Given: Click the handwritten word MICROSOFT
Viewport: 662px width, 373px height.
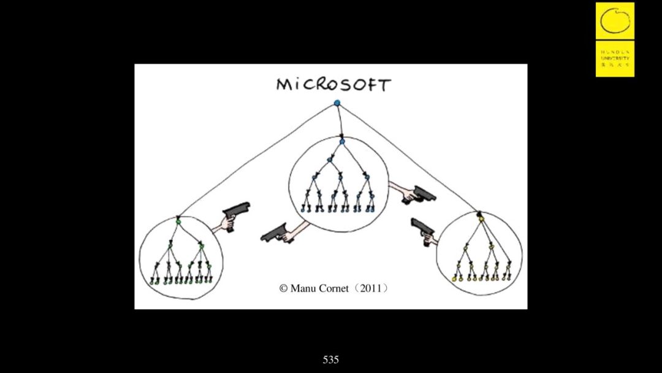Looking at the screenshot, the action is point(333,85).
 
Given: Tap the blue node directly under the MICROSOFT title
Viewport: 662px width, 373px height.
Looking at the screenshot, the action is point(337,103).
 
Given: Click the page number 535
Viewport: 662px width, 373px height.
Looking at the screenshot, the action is point(331,360).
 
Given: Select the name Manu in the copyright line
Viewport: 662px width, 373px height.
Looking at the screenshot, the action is point(303,288).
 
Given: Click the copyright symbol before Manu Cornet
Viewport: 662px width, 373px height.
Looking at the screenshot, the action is point(283,288).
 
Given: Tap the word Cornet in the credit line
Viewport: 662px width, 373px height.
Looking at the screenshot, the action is point(334,288).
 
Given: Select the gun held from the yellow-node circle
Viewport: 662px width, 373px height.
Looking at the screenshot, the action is point(422,228).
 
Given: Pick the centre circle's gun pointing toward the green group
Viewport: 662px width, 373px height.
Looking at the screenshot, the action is point(276,233).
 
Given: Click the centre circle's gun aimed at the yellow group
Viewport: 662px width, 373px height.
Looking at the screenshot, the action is point(422,194).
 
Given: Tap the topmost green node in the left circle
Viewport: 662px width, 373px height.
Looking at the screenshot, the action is point(178,220).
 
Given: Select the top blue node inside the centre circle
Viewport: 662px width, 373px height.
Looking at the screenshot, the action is point(342,142).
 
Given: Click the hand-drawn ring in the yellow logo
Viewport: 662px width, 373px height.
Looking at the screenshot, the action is point(615,20).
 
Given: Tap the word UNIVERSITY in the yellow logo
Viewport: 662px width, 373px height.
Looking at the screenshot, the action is point(615,58).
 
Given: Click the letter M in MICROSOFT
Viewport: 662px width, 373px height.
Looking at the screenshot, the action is point(283,85).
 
